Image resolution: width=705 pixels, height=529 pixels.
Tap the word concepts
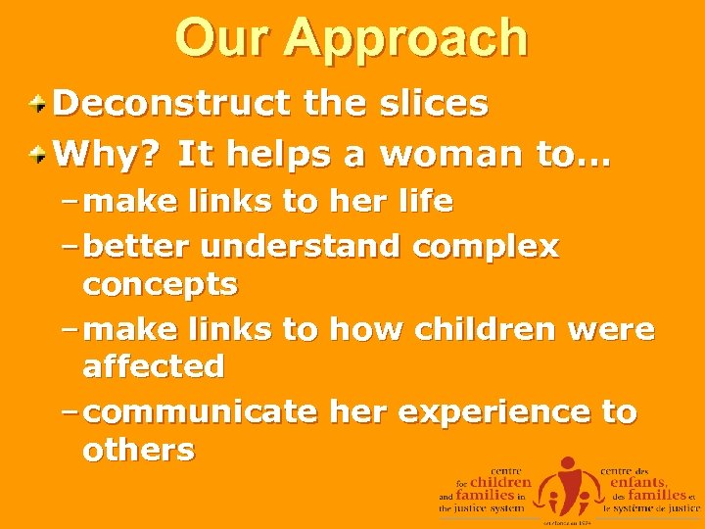[160, 285]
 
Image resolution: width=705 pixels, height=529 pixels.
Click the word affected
[154, 367]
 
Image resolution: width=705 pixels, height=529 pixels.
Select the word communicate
[202, 412]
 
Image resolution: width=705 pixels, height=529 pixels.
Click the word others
[139, 451]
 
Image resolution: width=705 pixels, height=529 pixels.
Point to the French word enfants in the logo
[637, 482]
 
